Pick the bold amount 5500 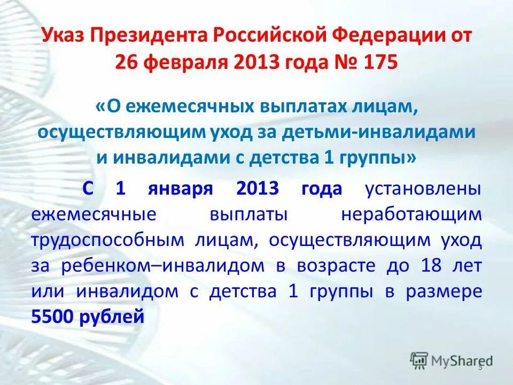coord(53,317)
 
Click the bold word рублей coord(112,317)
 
